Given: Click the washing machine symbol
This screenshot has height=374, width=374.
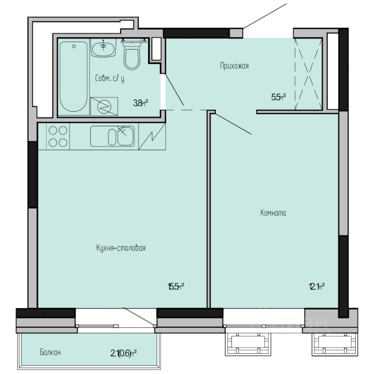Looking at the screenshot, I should click(104, 106).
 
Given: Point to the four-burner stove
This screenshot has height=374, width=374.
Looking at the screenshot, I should click(58, 136).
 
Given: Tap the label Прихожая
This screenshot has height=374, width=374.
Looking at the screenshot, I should click(234, 66).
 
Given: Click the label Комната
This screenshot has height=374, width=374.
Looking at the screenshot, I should click(273, 213).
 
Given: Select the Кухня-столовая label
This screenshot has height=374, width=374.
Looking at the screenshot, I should click(120, 248).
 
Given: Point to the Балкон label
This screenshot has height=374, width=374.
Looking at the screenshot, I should click(50, 353).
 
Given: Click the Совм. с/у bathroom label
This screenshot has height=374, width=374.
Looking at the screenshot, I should click(109, 78).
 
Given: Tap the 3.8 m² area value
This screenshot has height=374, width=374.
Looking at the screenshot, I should click(141, 103).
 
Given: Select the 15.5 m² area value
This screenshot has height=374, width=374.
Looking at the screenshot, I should click(176, 287).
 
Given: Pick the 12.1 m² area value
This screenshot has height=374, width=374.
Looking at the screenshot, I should click(317, 287).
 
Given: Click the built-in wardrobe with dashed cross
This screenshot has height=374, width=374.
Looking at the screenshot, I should click(308, 74).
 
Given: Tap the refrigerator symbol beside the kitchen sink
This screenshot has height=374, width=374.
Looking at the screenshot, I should click(152, 136).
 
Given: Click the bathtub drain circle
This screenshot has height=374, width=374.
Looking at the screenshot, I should click(73, 46).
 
